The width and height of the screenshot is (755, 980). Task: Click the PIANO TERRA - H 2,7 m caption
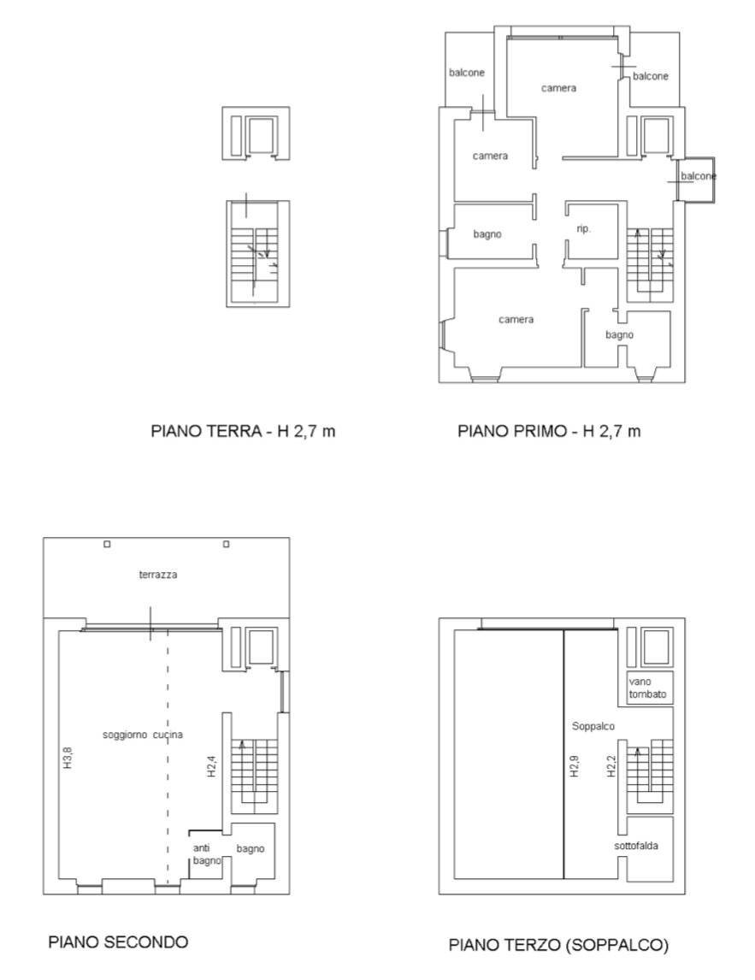243,431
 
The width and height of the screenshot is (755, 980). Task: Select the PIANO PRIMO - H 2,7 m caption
549,431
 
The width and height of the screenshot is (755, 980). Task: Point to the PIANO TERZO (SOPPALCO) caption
558,945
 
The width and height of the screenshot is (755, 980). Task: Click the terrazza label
158,576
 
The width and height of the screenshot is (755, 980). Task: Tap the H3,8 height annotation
68,759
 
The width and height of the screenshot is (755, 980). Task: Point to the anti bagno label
206,854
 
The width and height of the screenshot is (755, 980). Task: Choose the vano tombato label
647,688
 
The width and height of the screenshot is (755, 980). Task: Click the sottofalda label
647,847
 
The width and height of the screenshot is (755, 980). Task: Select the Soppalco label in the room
594,726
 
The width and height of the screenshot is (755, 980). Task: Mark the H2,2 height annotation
611,765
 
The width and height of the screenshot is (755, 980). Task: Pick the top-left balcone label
467,73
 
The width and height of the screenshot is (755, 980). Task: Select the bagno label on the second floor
251,848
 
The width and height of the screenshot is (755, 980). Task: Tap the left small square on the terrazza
107,544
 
